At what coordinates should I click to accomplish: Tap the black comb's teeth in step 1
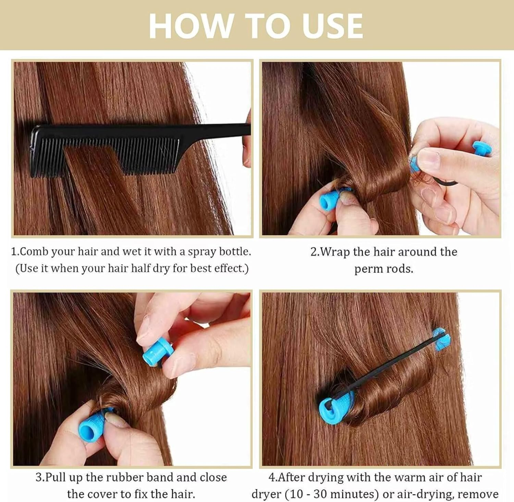pyautogui.click(x=103, y=151)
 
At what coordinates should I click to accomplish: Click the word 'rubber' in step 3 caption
pyautogui.click(x=125, y=478)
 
